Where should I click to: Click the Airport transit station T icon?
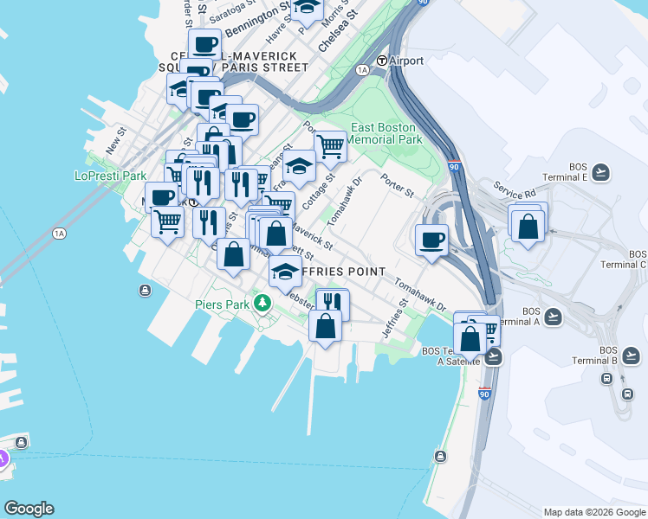pyautogui.click(x=381, y=61)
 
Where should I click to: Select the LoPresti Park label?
pyautogui.click(x=111, y=176)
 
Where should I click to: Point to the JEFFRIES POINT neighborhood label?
pyautogui.click(x=333, y=272)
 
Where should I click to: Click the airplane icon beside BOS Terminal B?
pyautogui.click(x=632, y=355)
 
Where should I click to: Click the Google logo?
pyautogui.click(x=29, y=509)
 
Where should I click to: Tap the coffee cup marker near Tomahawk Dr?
pyautogui.click(x=431, y=240)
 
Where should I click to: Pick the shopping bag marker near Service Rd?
pyautogui.click(x=528, y=227)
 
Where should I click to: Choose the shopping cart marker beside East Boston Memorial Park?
pyautogui.click(x=330, y=145)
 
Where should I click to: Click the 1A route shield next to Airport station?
pyautogui.click(x=362, y=69)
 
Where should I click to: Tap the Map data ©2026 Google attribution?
pyautogui.click(x=593, y=512)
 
